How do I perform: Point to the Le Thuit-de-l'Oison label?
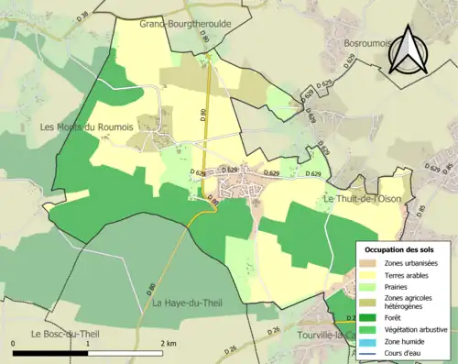pos(362,199)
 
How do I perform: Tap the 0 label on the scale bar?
pos(14,343)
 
